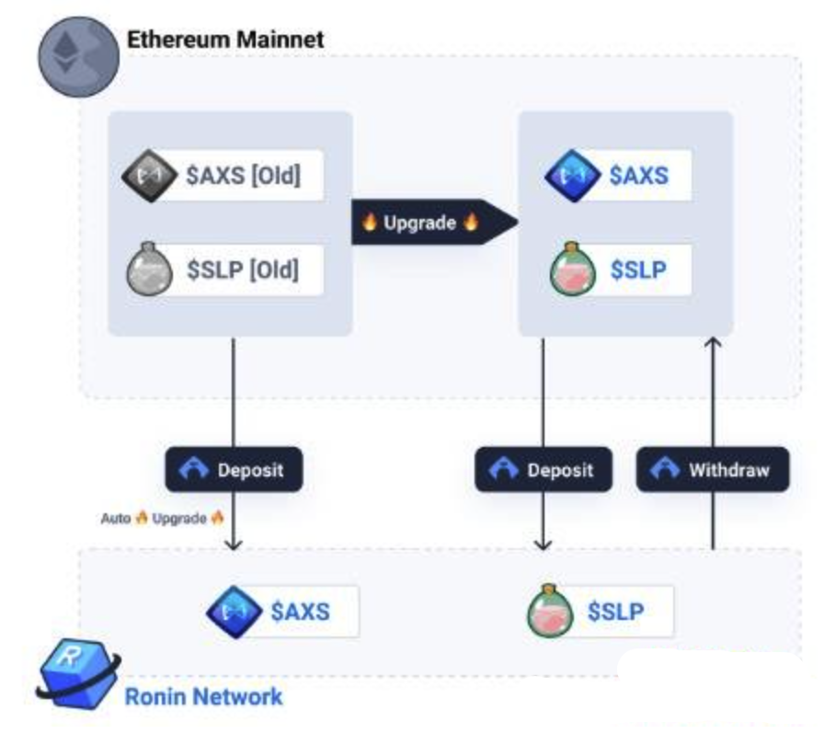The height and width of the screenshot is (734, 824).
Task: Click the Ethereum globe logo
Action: click(x=77, y=57)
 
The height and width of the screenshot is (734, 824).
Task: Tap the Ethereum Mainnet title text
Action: click(x=224, y=40)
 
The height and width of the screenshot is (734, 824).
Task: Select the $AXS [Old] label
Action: click(x=243, y=175)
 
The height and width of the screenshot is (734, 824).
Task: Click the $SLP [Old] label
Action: click(x=243, y=270)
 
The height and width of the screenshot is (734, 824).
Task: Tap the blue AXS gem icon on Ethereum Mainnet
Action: click(x=573, y=175)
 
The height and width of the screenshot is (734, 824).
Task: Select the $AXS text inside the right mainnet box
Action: click(x=640, y=175)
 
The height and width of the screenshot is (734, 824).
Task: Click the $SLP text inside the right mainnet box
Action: click(x=640, y=270)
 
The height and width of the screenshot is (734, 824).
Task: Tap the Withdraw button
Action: click(x=712, y=470)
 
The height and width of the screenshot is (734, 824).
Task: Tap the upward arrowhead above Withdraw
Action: click(x=712, y=344)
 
